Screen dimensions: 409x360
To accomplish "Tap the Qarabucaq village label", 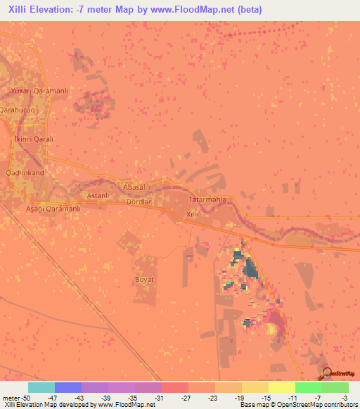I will coord(16,110).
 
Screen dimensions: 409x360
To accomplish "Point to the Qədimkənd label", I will coord(25,172).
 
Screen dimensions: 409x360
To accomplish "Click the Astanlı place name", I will coord(96,195).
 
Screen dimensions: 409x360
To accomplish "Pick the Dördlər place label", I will coord(139,202).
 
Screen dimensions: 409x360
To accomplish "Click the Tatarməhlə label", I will coord(207,200).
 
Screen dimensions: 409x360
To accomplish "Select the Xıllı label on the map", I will coord(193,214).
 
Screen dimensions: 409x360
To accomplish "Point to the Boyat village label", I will coord(144,279).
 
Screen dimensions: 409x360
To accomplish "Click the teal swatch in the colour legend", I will coord(41,387).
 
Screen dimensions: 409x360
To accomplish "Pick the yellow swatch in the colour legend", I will coord(281,387).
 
